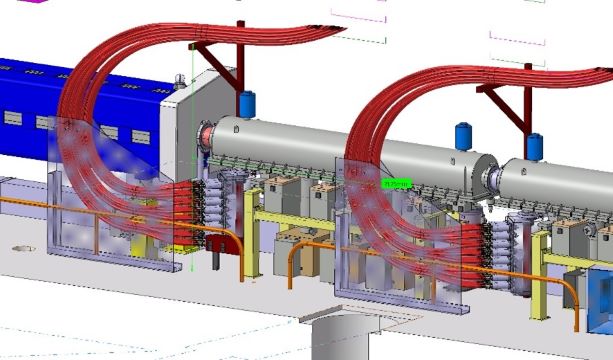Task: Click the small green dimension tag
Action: [396, 184]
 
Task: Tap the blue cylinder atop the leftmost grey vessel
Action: [247, 104]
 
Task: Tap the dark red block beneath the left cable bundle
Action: [212, 241]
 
